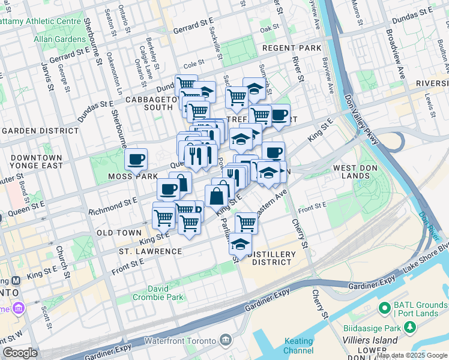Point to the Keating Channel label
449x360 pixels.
(x=298, y=346)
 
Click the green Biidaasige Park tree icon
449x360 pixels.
(x=410, y=328)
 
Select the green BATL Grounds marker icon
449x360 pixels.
(x=385, y=308)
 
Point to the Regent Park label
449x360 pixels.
(x=292, y=47)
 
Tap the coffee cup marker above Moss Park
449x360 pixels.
(x=136, y=159)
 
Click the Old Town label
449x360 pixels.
(x=122, y=232)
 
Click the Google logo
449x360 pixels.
(x=20, y=353)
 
